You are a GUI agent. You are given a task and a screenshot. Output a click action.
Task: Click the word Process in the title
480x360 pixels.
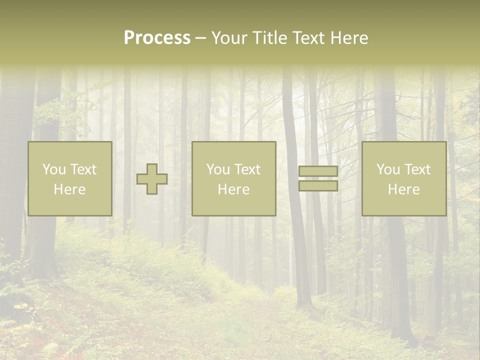point(157,38)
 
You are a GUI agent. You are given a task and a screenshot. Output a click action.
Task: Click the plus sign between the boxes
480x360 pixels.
point(152,179)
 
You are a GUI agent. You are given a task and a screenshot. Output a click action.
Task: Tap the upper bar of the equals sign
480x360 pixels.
point(318,171)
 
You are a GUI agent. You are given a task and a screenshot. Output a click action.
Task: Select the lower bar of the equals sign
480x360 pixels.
point(318,186)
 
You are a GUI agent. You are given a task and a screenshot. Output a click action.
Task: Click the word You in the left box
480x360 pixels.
point(53,169)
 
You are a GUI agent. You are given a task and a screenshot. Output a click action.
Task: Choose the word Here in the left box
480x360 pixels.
point(69,189)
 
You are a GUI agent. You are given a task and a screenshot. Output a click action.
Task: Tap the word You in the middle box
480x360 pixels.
point(218,169)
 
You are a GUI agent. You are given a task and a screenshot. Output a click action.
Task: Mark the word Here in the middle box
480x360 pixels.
point(233,189)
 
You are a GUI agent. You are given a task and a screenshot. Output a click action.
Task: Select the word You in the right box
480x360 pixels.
point(388,169)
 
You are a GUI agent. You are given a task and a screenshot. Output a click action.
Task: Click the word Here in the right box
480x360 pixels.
point(403,189)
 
